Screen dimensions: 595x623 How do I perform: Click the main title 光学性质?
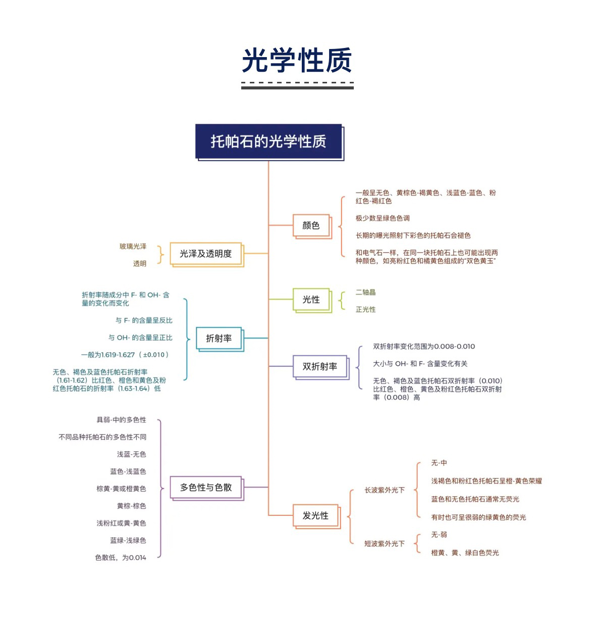click(x=297, y=61)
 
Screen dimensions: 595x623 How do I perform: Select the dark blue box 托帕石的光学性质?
click(x=269, y=142)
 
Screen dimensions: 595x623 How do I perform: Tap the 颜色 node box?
click(x=312, y=226)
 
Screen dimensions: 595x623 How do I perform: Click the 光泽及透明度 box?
click(x=206, y=254)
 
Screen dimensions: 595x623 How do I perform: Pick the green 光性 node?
click(x=312, y=300)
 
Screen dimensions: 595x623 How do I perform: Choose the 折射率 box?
click(x=220, y=339)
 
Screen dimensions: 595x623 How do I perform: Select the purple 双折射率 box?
click(x=320, y=367)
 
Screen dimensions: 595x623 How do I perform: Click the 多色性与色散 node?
click(x=206, y=488)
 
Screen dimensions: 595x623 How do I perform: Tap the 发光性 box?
click(x=316, y=516)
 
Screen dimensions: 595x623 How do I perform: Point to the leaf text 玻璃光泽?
click(x=133, y=246)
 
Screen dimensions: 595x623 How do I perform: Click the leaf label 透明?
click(x=139, y=263)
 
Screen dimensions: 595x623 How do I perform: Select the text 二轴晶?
click(x=365, y=292)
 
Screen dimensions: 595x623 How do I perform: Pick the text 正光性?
click(x=365, y=309)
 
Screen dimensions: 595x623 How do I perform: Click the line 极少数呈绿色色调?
click(x=383, y=218)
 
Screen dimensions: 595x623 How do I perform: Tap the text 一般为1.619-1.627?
click(x=125, y=355)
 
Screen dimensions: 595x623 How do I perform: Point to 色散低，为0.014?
click(x=121, y=558)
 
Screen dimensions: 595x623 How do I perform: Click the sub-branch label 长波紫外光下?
click(x=385, y=490)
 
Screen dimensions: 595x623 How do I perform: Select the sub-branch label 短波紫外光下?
click(x=385, y=544)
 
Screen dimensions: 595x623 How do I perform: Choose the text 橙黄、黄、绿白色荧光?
click(x=465, y=553)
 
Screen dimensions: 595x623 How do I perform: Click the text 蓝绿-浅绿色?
click(x=128, y=541)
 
